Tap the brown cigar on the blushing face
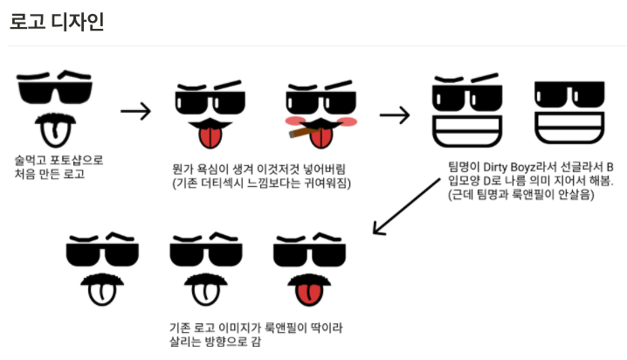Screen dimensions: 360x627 point(299,133)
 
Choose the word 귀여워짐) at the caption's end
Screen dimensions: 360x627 point(324,182)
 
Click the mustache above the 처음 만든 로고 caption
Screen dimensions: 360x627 point(54,115)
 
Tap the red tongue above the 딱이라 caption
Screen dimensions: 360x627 point(307,294)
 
